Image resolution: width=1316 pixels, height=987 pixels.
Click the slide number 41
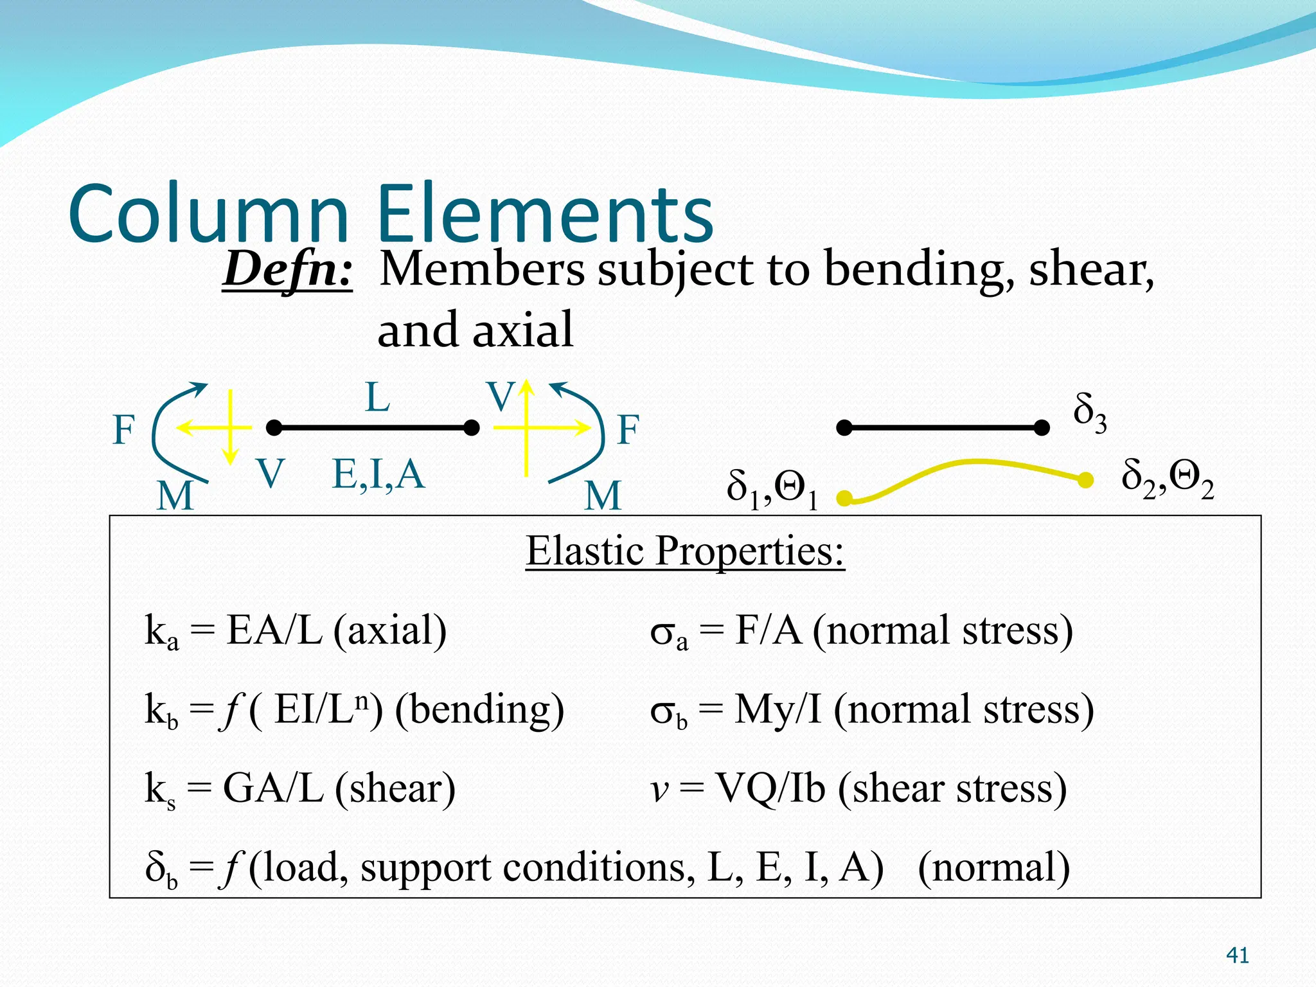[1237, 956]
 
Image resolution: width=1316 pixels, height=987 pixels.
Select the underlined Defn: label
[287, 269]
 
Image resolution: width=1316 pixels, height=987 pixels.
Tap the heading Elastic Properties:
[685, 551]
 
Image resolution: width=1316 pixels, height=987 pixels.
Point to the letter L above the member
[377, 397]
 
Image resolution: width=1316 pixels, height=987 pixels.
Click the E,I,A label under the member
[378, 474]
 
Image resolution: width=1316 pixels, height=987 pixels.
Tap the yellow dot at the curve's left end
[844, 498]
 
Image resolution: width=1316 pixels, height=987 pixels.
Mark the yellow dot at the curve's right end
[1085, 479]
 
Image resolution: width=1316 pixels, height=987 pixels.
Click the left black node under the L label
[274, 427]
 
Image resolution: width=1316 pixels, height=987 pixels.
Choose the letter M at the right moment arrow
[603, 495]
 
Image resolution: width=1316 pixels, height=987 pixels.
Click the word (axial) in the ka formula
[390, 630]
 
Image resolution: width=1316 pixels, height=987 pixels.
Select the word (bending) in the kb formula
[479, 710]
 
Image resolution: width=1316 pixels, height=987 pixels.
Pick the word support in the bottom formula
[426, 868]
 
